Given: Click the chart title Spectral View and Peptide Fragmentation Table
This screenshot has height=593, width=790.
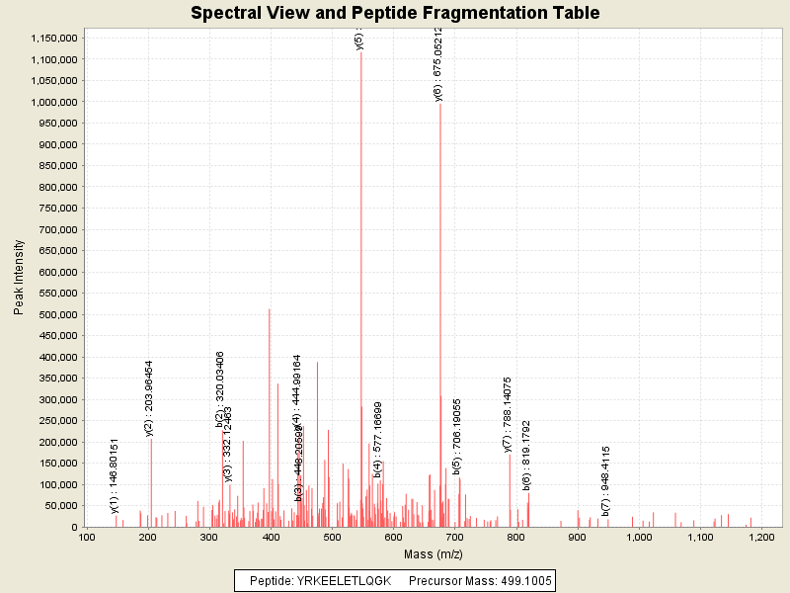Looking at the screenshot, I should click(x=395, y=13).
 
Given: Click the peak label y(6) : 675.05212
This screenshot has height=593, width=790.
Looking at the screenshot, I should click(x=438, y=65).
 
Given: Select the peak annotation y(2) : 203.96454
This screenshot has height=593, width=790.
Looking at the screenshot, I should click(x=149, y=398).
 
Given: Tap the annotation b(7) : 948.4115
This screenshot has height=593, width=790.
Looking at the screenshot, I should click(x=605, y=467).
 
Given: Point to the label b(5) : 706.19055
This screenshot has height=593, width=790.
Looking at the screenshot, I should click(x=457, y=436).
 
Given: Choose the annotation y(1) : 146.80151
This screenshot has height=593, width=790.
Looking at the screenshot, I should click(x=115, y=475).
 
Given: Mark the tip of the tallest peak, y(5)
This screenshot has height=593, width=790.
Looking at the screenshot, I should click(x=361, y=52).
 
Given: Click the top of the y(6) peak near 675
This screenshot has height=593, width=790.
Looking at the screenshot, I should click(x=440, y=105).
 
